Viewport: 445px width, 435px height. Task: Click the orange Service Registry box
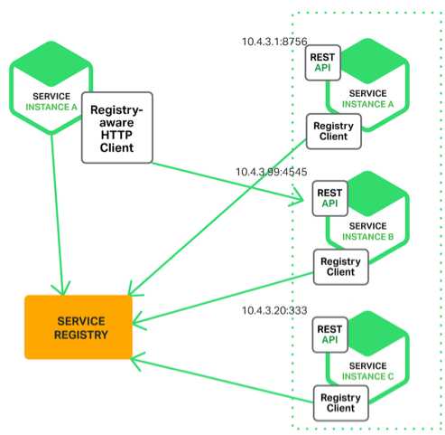pyautogui.click(x=79, y=327)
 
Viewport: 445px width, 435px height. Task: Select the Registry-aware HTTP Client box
pyautogui.click(x=117, y=128)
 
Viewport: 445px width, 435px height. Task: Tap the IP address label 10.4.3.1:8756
pyautogui.click(x=274, y=42)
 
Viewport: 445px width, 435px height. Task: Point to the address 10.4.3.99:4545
pyautogui.click(x=272, y=172)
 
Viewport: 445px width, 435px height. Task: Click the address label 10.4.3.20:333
pyautogui.click(x=274, y=310)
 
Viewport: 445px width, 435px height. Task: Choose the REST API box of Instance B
pyautogui.click(x=330, y=198)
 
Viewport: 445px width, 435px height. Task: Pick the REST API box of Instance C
pyautogui.click(x=330, y=335)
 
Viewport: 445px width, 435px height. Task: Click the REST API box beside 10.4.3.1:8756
pyautogui.click(x=323, y=62)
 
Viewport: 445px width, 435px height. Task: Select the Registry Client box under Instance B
pyautogui.click(x=341, y=267)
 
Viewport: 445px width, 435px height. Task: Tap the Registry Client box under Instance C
pyautogui.click(x=341, y=403)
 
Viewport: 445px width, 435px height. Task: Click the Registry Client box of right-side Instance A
pyautogui.click(x=334, y=131)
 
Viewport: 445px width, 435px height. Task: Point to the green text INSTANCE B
pyautogui.click(x=367, y=237)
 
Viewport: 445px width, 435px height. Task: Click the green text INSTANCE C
pyautogui.click(x=367, y=376)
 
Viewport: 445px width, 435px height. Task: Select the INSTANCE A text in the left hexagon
pyautogui.click(x=51, y=107)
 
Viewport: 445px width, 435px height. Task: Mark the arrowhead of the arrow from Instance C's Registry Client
pyautogui.click(x=133, y=359)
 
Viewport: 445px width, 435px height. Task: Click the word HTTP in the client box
pyautogui.click(x=116, y=135)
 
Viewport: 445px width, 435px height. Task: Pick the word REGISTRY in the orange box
pyautogui.click(x=81, y=335)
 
